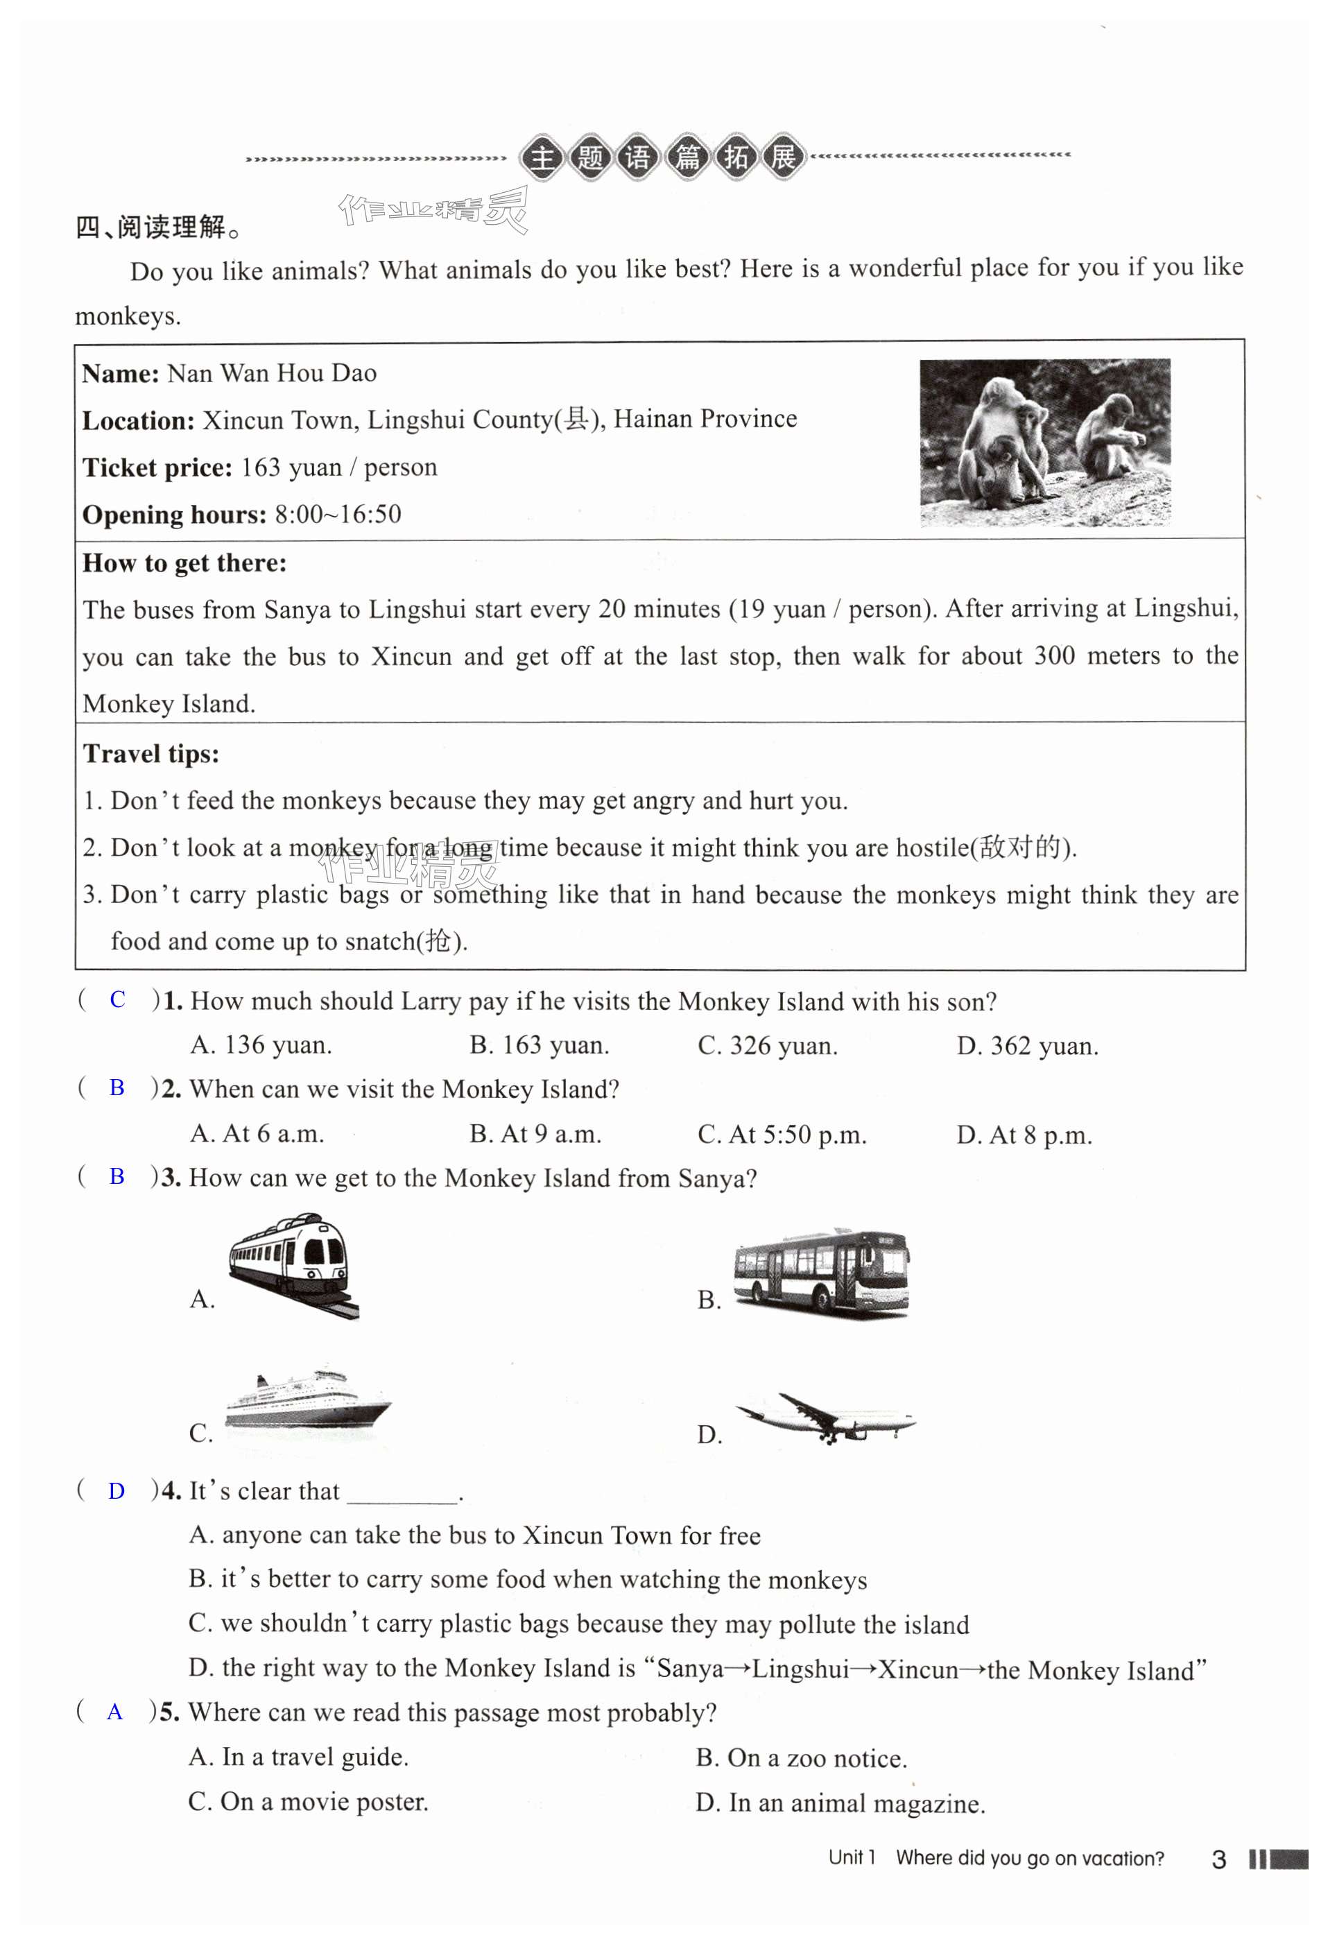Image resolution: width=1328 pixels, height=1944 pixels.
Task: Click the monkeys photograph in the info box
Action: pyautogui.click(x=1044, y=442)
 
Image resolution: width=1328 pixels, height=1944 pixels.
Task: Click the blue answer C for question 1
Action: pyautogui.click(x=117, y=999)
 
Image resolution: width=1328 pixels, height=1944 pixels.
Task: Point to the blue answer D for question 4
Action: pyautogui.click(x=117, y=1490)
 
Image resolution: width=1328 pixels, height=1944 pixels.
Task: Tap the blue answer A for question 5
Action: pyautogui.click(x=115, y=1712)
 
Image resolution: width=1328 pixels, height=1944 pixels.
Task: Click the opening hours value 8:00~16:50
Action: pyautogui.click(x=338, y=515)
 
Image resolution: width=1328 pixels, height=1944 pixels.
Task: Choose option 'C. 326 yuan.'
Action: pyautogui.click(x=767, y=1046)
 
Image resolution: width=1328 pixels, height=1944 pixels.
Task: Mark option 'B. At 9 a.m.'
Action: pyautogui.click(x=535, y=1134)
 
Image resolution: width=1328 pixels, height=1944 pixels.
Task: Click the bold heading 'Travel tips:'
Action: pyautogui.click(x=150, y=754)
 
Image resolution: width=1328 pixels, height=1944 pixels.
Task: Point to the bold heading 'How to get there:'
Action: pyautogui.click(x=184, y=563)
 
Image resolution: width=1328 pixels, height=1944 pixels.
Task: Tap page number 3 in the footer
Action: pyautogui.click(x=1218, y=1859)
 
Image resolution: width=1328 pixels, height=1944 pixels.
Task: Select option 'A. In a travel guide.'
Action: pyautogui.click(x=299, y=1757)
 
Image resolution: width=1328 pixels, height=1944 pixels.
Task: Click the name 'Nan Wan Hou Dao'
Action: pyautogui.click(x=272, y=373)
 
